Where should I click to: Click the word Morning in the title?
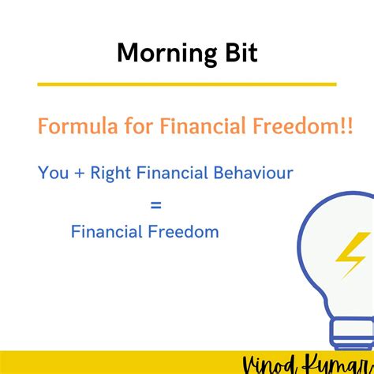(x=158, y=54)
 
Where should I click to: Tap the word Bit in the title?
(x=233, y=54)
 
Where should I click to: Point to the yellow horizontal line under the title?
(x=187, y=84)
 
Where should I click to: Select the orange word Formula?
(x=73, y=126)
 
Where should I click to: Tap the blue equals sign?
(x=155, y=205)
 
